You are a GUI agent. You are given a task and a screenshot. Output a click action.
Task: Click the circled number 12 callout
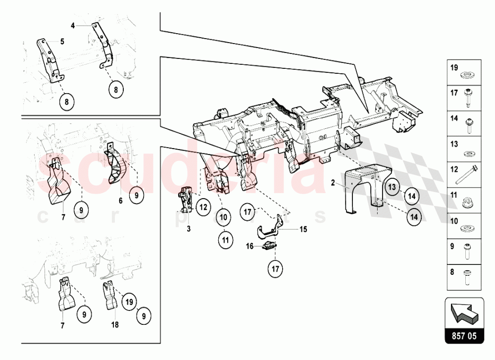[203, 207]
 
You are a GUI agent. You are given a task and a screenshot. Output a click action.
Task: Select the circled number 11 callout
[225, 240]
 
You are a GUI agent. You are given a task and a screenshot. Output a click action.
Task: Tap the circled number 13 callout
[392, 187]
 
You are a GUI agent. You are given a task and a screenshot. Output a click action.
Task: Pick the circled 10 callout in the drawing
[223, 217]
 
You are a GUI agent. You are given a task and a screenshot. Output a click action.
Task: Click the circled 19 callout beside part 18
[129, 302]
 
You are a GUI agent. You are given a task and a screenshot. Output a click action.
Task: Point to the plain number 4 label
[73, 26]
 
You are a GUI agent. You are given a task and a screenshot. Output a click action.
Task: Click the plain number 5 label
[62, 42]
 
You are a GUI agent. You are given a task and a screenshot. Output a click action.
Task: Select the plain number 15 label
[303, 229]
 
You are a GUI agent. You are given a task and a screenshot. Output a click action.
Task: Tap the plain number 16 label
[249, 246]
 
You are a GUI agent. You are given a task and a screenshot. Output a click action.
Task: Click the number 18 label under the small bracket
[115, 324]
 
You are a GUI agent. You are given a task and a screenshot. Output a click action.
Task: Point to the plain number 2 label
[333, 183]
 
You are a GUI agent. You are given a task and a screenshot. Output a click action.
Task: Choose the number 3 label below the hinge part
[189, 229]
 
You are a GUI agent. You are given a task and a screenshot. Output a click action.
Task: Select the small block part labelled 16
[269, 246]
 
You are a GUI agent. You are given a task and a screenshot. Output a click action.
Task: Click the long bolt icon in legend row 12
[466, 174]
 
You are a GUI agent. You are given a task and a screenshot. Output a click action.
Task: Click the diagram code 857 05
[464, 336]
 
